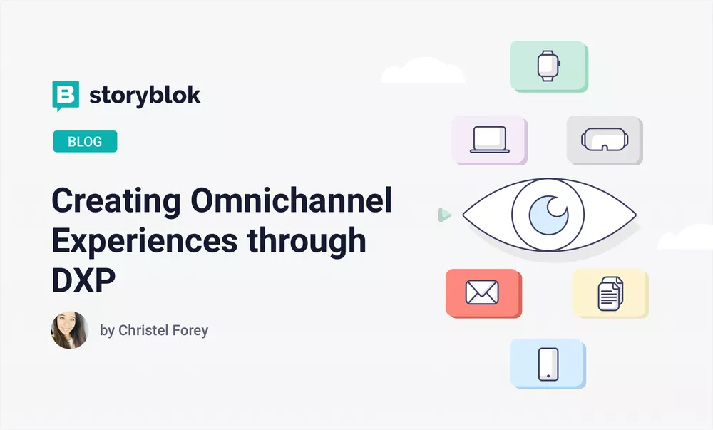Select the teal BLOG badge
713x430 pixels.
click(x=85, y=141)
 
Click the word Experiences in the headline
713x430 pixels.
click(x=144, y=242)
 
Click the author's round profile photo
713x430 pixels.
click(x=70, y=330)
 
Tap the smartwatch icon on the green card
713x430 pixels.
click(x=548, y=66)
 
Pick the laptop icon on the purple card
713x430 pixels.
click(x=490, y=140)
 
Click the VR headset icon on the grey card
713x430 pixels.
click(x=603, y=139)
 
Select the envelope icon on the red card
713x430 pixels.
click(x=482, y=292)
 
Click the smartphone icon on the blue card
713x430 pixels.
click(x=548, y=364)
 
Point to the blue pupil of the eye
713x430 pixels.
click(x=548, y=215)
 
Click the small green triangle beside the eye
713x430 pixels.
click(x=444, y=214)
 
